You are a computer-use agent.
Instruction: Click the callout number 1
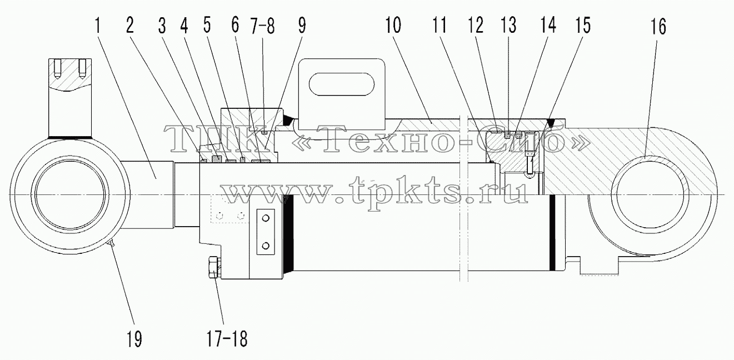coord(97,26)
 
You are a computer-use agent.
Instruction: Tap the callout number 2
coord(130,26)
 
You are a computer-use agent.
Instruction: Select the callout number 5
coord(207,25)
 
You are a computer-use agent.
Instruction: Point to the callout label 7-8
coord(262,26)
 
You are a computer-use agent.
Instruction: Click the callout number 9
coord(302,26)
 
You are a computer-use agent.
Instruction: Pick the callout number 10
coord(393,25)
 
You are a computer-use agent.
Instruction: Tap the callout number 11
coord(440,25)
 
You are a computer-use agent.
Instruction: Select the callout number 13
coord(509,25)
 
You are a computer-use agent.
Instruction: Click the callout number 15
coord(582,25)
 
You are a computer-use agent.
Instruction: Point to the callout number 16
coord(658,27)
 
